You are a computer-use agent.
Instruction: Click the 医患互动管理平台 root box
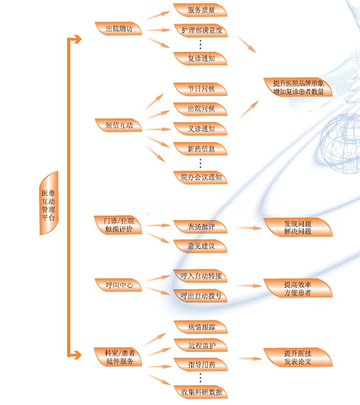click(49, 203)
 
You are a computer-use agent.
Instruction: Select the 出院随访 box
click(118, 28)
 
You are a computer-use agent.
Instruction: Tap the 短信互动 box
click(118, 125)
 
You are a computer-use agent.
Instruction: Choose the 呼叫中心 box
click(118, 285)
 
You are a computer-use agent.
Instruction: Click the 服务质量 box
click(200, 10)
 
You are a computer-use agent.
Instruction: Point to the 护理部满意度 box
click(201, 30)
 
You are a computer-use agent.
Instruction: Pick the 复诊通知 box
click(200, 58)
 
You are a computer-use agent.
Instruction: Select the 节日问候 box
click(200, 89)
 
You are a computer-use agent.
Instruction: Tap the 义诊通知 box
click(200, 129)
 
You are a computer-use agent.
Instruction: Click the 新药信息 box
click(200, 149)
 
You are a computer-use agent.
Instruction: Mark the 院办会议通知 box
click(200, 177)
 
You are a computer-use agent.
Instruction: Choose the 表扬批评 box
click(200, 226)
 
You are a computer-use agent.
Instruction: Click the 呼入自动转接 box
click(200, 276)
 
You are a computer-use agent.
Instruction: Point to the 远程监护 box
click(201, 345)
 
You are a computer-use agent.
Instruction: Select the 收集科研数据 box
click(201, 392)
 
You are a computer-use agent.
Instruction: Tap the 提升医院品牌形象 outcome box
click(298, 87)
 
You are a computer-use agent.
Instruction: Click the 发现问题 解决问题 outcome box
click(298, 227)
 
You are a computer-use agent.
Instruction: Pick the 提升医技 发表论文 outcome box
click(298, 357)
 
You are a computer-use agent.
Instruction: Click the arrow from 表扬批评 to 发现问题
click(249, 228)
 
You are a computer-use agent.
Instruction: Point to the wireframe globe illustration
click(340, 143)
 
